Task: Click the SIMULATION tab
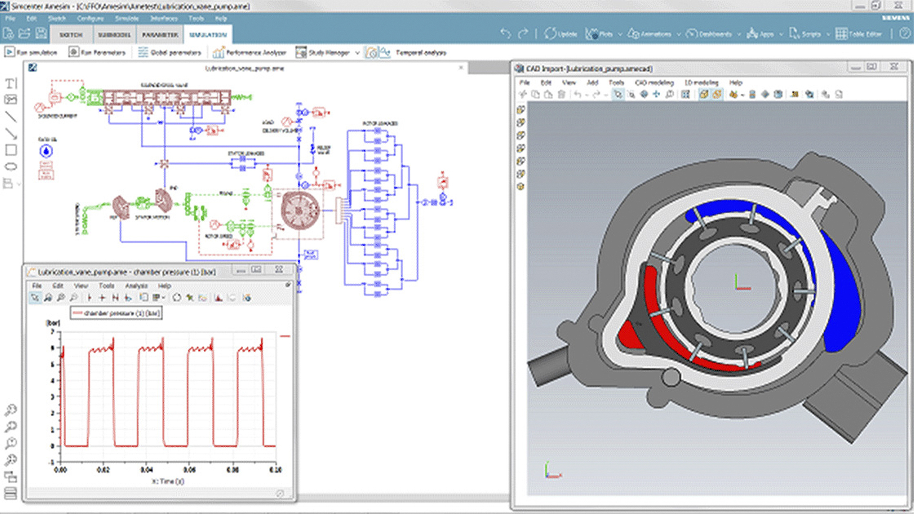click(208, 35)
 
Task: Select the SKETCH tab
click(71, 35)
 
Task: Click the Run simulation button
click(31, 52)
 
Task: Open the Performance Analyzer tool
click(250, 52)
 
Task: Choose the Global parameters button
click(170, 52)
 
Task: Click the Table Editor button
click(859, 34)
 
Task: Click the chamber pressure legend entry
click(117, 313)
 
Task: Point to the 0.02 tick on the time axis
click(103, 470)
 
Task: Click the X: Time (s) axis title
click(168, 481)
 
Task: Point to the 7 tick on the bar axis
click(52, 332)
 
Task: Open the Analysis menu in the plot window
click(136, 286)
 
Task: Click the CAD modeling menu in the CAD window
click(654, 82)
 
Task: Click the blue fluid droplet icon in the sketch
click(46, 151)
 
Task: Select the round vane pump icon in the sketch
click(299, 209)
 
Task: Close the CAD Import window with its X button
click(894, 67)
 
